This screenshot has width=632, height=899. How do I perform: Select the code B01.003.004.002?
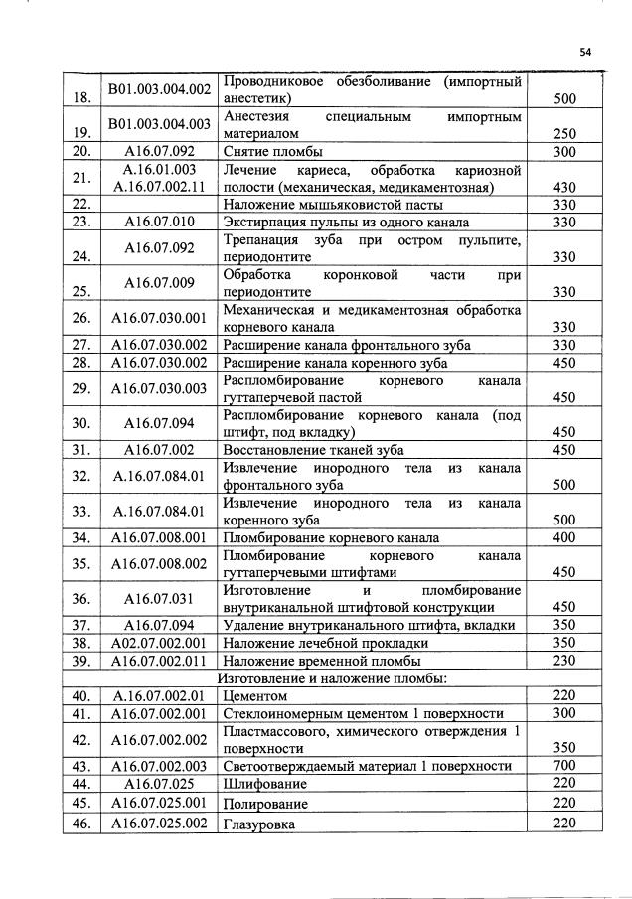click(159, 89)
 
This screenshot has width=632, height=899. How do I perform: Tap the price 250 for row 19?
click(564, 134)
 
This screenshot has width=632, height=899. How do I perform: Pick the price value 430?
click(564, 187)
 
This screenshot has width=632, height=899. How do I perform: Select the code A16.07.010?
click(159, 222)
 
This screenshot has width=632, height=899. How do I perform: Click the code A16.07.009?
click(159, 282)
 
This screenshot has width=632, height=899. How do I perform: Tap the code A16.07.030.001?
click(159, 318)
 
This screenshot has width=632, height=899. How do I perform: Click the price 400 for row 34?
click(564, 538)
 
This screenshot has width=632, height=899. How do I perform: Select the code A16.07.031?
click(159, 599)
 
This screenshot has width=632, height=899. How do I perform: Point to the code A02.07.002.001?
click(159, 643)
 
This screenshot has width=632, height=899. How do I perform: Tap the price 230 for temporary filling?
click(564, 661)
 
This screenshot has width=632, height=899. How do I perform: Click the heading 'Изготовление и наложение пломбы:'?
click(333, 678)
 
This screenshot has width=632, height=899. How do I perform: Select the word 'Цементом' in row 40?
click(256, 696)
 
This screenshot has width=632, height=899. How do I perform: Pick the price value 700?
click(564, 766)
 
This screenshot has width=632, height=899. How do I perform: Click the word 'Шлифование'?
click(265, 784)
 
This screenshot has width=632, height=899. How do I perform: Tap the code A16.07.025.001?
click(159, 803)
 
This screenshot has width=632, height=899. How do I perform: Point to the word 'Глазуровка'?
click(259, 824)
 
